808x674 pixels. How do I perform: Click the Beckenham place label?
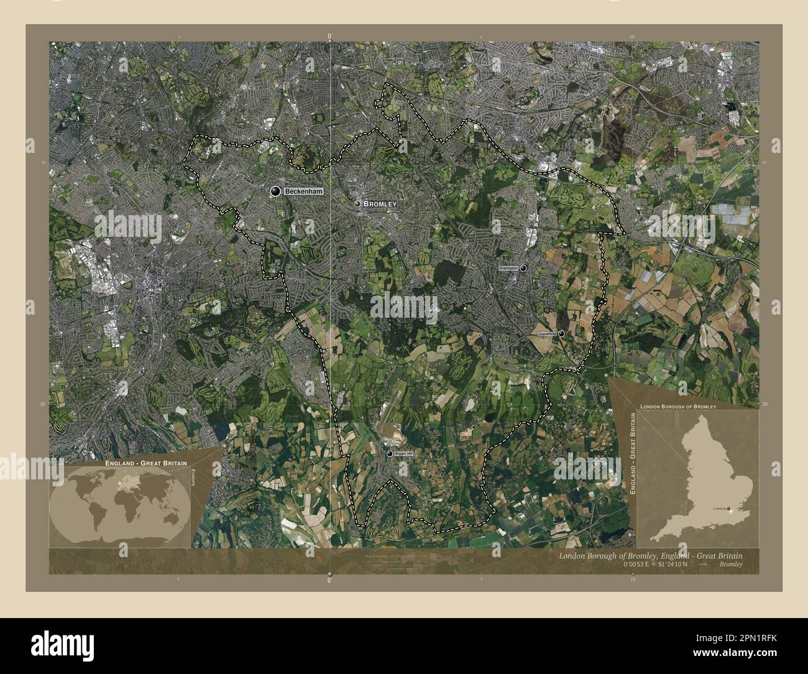[304, 192]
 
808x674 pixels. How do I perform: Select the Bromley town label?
[379, 204]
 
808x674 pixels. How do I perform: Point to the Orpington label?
[508, 268]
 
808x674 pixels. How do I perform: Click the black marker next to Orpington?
[523, 268]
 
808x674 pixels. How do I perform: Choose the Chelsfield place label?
[547, 334]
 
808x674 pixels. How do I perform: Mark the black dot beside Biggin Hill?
[390, 454]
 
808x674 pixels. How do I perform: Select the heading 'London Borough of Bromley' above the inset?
[677, 405]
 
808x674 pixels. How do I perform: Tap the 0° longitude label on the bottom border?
[329, 580]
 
